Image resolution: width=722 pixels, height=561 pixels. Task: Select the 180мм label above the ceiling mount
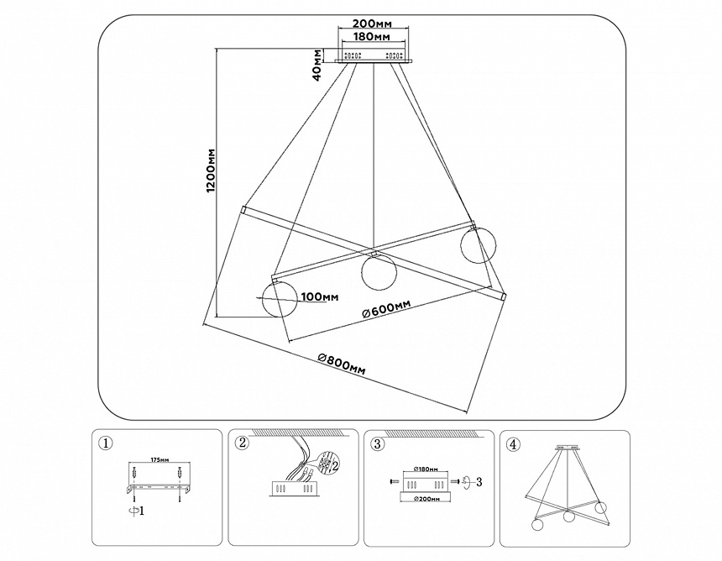click(371, 39)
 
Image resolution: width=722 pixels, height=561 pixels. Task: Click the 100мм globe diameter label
click(319, 296)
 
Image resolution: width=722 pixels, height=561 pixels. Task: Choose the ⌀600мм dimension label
click(386, 310)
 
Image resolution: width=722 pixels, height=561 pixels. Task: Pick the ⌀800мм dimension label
click(342, 363)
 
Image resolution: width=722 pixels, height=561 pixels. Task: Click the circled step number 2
click(243, 443)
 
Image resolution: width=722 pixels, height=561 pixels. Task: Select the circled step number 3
click(378, 443)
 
